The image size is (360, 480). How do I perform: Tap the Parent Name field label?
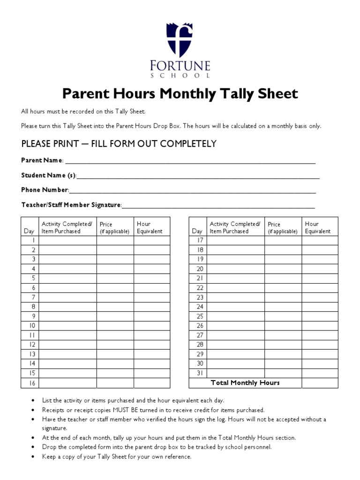pyautogui.click(x=42, y=160)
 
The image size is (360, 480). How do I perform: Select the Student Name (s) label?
pyautogui.click(x=48, y=175)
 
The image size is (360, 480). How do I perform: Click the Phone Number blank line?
pyautogui.click(x=192, y=192)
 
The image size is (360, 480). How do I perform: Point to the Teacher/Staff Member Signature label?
pyautogui.click(x=71, y=205)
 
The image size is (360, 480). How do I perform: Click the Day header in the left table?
pyautogui.click(x=29, y=231)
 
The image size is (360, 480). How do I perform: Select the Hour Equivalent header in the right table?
pyautogui.click(x=317, y=227)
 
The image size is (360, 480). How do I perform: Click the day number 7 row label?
pyautogui.click(x=33, y=297)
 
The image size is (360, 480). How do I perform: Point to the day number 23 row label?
pyautogui.click(x=200, y=297)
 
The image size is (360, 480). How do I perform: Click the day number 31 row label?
pyautogui.click(x=200, y=373)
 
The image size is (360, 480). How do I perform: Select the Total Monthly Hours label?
pyautogui.click(x=245, y=383)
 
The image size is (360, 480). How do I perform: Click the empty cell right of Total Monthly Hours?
pyautogui.click(x=319, y=383)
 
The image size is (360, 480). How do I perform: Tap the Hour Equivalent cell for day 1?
pyautogui.click(x=152, y=240)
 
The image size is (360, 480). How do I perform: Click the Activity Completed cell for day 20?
pyautogui.click(x=235, y=269)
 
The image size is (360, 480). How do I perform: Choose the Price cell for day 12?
pyautogui.click(x=115, y=345)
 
